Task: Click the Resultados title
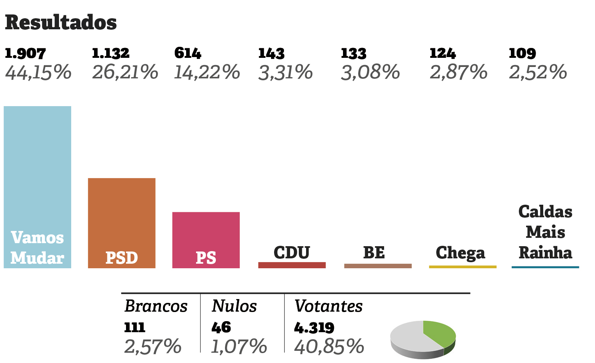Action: tap(61, 22)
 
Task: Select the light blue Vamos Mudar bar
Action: tap(37, 171)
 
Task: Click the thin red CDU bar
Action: tap(292, 265)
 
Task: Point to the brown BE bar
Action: tap(378, 266)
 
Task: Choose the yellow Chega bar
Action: tap(463, 267)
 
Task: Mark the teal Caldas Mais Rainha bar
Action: tap(545, 267)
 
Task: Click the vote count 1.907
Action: tap(25, 53)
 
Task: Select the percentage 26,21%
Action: tap(125, 72)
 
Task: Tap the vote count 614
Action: tap(188, 53)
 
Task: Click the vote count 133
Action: tap(354, 54)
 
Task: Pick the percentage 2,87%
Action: tap(458, 72)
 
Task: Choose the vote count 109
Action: tap(522, 53)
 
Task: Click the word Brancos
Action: tap(156, 306)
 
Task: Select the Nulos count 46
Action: tap(221, 327)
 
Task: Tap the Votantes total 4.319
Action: tap(314, 327)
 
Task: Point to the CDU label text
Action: tap(292, 253)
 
